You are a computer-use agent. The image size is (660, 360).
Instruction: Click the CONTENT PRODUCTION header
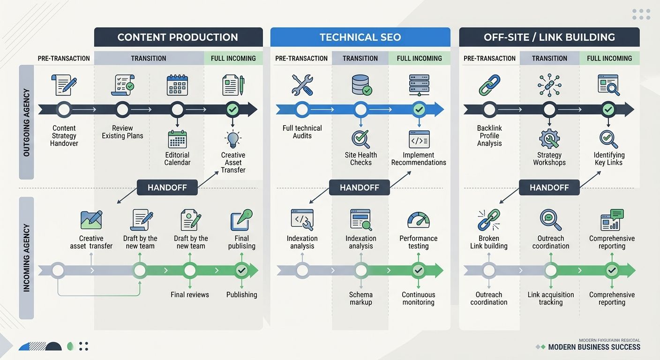178,37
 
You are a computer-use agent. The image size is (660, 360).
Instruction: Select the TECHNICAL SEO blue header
360,37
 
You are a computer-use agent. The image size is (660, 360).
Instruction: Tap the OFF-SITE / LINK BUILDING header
549,37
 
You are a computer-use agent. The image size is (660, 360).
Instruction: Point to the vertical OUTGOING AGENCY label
26,122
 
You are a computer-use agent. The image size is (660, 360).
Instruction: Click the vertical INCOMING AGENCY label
26,258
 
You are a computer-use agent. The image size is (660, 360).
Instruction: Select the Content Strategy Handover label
64,135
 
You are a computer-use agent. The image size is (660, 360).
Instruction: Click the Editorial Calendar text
177,158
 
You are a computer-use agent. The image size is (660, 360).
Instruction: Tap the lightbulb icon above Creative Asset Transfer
233,139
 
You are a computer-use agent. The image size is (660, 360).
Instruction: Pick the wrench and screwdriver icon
302,85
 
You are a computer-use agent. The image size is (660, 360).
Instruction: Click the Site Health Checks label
360,158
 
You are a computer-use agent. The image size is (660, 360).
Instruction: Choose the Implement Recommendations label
419,158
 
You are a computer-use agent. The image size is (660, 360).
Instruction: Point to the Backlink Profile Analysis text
489,135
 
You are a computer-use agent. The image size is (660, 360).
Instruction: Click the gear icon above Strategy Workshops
549,139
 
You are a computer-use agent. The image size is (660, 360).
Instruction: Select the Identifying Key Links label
608,158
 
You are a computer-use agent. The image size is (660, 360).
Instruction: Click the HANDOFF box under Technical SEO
360,187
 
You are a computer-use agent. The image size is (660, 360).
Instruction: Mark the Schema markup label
360,298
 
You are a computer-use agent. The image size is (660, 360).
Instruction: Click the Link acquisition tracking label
550,298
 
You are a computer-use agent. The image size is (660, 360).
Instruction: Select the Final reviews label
190,294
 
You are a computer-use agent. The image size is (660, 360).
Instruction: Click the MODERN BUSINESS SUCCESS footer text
594,347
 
